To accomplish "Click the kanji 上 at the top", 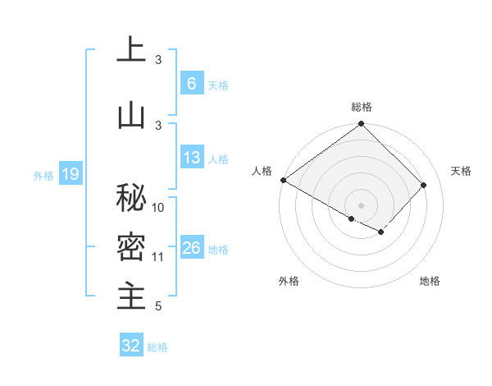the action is point(130,50).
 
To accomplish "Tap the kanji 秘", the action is point(130,198).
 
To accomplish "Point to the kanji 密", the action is point(130,246).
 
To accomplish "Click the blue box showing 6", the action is point(191,84).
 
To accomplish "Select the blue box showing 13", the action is point(191,159).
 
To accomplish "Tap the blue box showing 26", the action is point(191,249).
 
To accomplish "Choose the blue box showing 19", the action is point(71,174).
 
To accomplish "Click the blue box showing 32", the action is point(131,346).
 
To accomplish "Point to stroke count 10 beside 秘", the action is point(159,208).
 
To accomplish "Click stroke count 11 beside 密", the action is point(159,257).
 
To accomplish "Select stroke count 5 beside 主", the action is point(157,307).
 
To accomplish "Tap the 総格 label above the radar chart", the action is point(361,107).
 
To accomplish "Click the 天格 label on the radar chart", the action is point(461,171).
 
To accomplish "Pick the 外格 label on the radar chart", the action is point(289,281).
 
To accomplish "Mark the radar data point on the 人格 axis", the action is point(283,180).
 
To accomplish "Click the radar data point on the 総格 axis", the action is point(361,124).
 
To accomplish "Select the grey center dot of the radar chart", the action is point(361,204).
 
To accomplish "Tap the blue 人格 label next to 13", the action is point(218,159).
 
